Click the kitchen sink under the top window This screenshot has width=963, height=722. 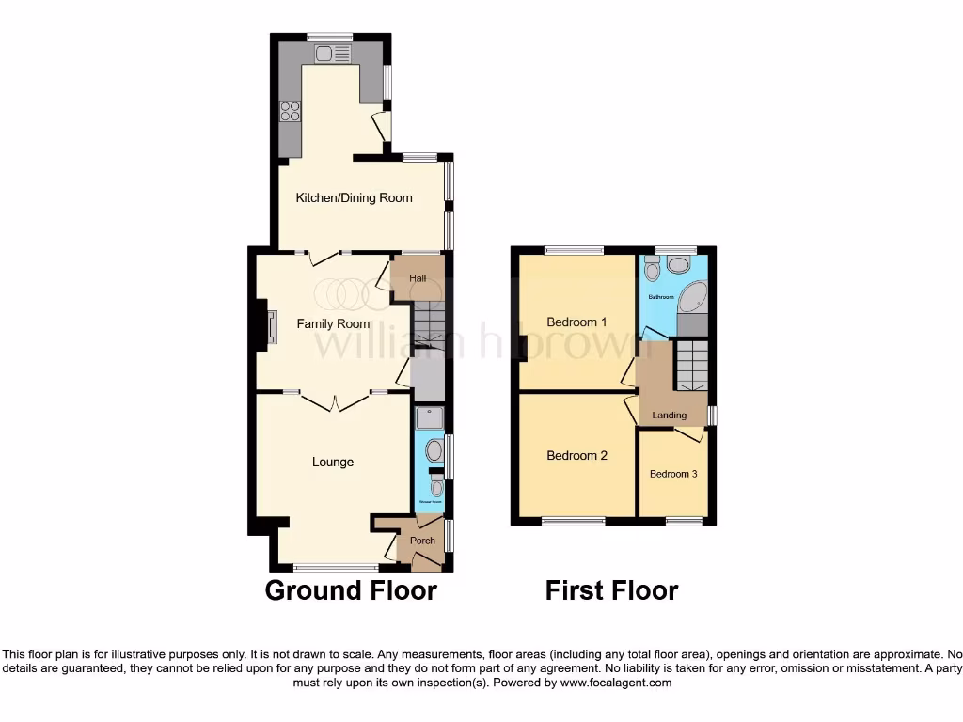[333, 54]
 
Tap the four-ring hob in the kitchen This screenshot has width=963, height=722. [290, 112]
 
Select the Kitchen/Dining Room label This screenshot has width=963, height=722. [355, 197]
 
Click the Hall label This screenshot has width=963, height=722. [418, 278]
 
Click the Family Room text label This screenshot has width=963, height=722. [333, 323]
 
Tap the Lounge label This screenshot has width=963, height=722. [333, 462]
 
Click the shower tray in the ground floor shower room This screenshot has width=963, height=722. [429, 417]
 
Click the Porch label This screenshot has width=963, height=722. [422, 541]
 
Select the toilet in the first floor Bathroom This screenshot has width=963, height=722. [654, 271]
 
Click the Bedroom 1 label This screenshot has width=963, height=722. [576, 322]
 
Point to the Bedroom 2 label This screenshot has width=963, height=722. [576, 455]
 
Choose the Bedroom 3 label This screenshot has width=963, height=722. [673, 474]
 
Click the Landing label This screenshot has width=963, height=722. [670, 415]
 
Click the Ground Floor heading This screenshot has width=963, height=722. [351, 590]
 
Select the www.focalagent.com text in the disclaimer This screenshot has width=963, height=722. [615, 683]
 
